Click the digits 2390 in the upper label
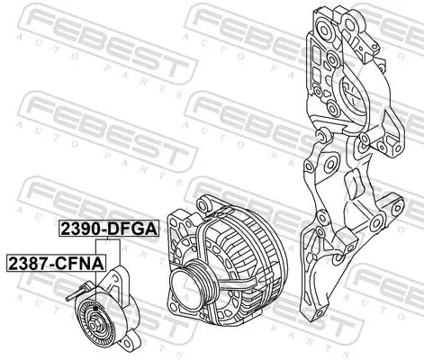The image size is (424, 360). click(x=78, y=229)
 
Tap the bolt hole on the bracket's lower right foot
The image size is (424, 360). click(x=386, y=203)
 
